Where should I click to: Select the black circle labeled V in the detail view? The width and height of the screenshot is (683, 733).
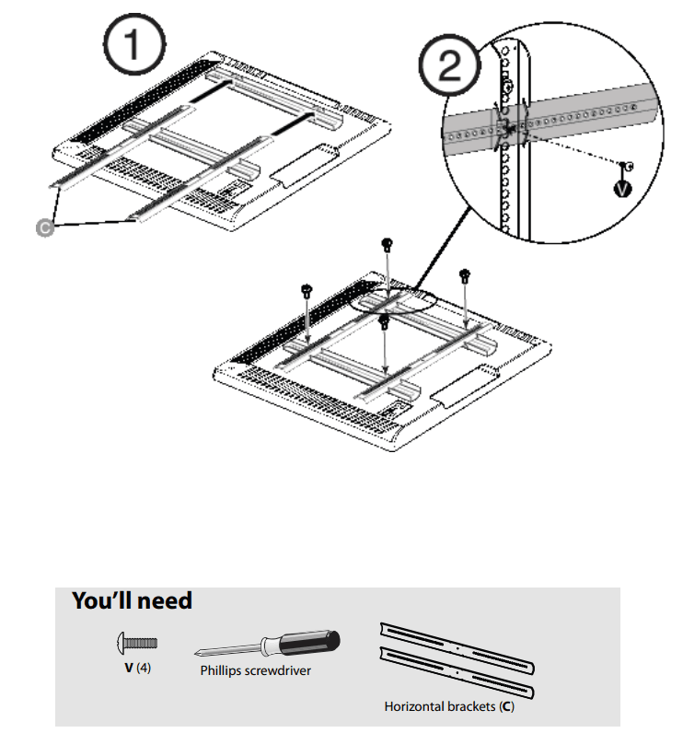tap(623, 188)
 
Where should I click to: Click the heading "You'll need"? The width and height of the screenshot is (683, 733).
tap(133, 601)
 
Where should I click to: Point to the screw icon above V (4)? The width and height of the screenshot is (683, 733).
tap(138, 642)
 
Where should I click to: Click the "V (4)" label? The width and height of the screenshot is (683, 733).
tap(138, 668)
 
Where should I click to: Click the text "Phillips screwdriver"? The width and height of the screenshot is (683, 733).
tap(256, 670)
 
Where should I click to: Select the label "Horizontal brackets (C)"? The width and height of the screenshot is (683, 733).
tap(447, 707)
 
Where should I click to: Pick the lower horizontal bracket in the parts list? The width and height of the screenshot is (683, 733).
tap(457, 674)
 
